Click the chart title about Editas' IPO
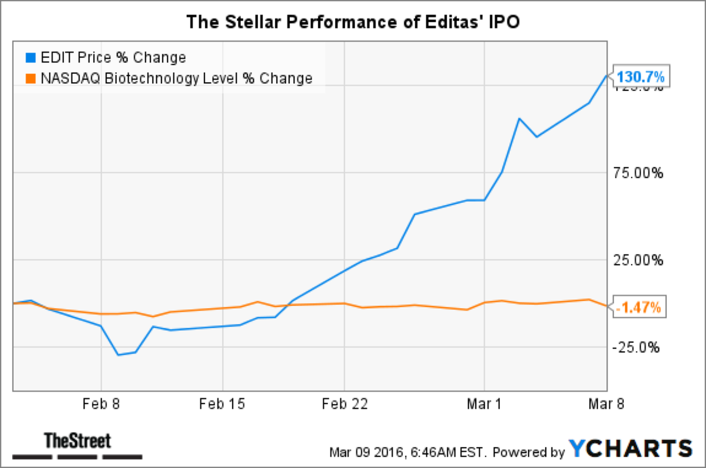[353, 22]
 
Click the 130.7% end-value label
[641, 77]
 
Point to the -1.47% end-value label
[640, 307]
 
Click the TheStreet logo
[78, 445]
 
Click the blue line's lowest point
[119, 355]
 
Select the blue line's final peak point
[607, 75]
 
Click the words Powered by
[525, 453]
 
